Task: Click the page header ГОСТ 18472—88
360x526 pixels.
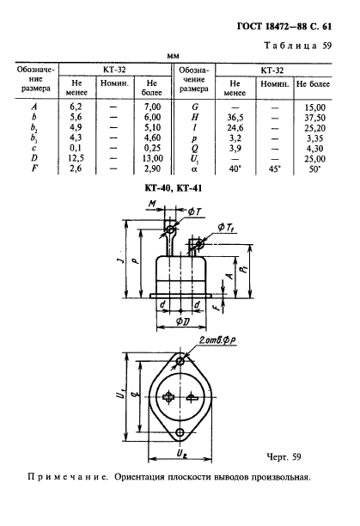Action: pyautogui.click(x=272, y=27)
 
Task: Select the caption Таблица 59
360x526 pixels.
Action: pyautogui.click(x=297, y=46)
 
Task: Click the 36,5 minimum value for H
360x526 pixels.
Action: pyautogui.click(x=235, y=118)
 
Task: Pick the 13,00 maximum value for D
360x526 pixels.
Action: pyautogui.click(x=152, y=158)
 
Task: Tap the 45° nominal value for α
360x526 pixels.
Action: pyautogui.click(x=275, y=168)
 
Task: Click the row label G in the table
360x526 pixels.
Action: pyautogui.click(x=195, y=107)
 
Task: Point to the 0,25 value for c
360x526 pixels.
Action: pyautogui.click(x=152, y=148)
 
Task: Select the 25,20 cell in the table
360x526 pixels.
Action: pyautogui.click(x=314, y=128)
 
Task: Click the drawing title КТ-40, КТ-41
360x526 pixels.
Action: pyautogui.click(x=174, y=188)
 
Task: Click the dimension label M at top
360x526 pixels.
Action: pyautogui.click(x=152, y=204)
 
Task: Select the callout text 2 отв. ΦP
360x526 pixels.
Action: pyautogui.click(x=217, y=340)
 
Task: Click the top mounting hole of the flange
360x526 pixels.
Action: pyautogui.click(x=180, y=361)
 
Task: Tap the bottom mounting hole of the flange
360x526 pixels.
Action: pyautogui.click(x=180, y=431)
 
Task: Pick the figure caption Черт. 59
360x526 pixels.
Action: pyautogui.click(x=284, y=456)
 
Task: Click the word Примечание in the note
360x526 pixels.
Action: pyautogui.click(x=67, y=477)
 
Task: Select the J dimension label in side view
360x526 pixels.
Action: pyautogui.click(x=123, y=260)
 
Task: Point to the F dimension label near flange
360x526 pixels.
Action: pyautogui.click(x=219, y=306)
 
